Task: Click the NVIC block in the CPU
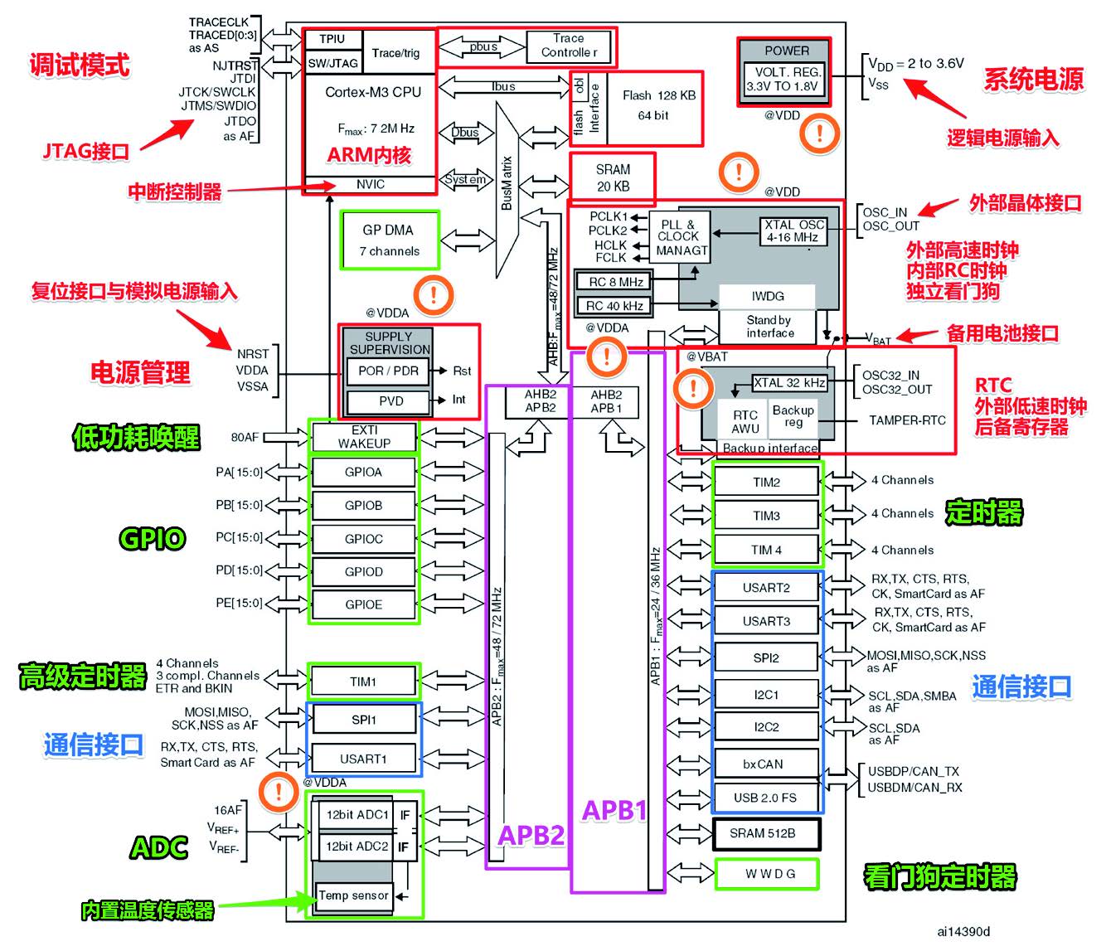[x=371, y=184]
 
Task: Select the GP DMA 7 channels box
[x=389, y=240]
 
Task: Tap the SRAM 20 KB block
[x=613, y=177]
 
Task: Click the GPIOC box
[x=363, y=539]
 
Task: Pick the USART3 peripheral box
[x=766, y=621]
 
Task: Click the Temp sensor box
[x=354, y=895]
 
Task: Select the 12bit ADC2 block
[x=357, y=847]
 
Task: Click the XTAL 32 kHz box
[x=789, y=383]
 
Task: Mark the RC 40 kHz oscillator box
[x=615, y=306]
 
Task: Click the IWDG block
[x=768, y=296]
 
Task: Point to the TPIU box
[x=332, y=39]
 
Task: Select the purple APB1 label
[x=614, y=810]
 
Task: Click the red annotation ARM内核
[x=369, y=155]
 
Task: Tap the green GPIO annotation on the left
[x=153, y=539]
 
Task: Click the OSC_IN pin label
[x=885, y=212]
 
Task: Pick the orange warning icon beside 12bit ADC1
[x=279, y=791]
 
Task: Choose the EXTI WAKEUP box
[x=363, y=437]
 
